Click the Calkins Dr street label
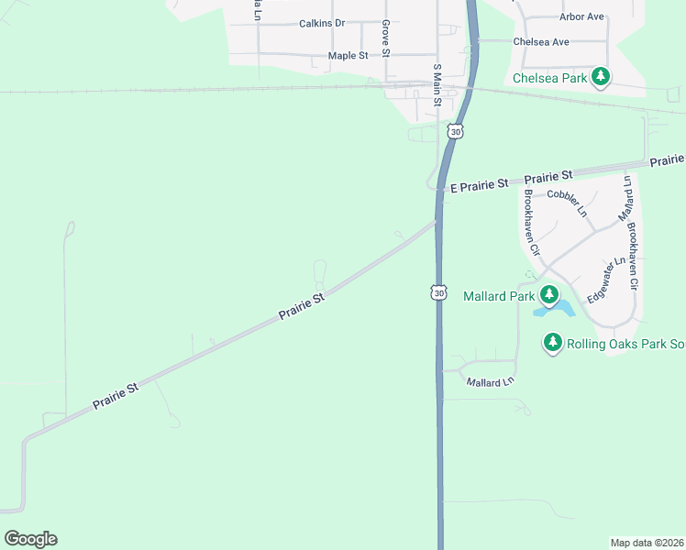pos(321,24)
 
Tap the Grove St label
pos(386,38)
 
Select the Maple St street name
pos(348,56)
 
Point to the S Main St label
pos(437,83)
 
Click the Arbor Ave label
pos(581,16)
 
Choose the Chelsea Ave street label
pos(541,42)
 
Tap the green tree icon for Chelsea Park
pos(601,77)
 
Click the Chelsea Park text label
pos(549,79)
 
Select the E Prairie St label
pos(478,184)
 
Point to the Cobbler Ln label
pos(567,202)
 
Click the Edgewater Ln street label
pos(605,279)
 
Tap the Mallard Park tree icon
pos(548,295)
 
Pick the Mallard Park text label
pos(499,296)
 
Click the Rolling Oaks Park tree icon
pos(552,343)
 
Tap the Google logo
pos(30,539)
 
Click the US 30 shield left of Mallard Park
pos(439,292)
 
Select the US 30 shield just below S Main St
pos(455,132)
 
